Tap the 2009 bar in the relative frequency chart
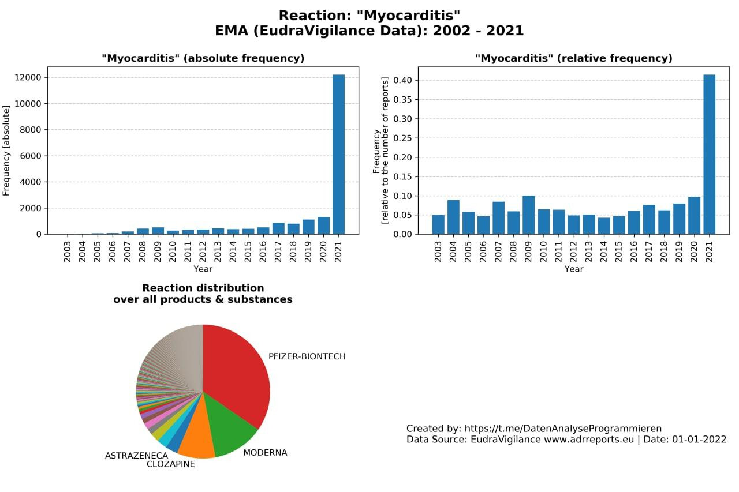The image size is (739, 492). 528,215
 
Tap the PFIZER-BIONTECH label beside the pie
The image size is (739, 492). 307,356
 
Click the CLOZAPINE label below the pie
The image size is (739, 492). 170,464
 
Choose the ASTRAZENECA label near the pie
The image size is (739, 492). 136,456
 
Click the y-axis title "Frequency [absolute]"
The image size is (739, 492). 6,151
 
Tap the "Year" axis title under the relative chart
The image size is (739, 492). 574,269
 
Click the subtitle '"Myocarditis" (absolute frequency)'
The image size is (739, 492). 203,58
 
